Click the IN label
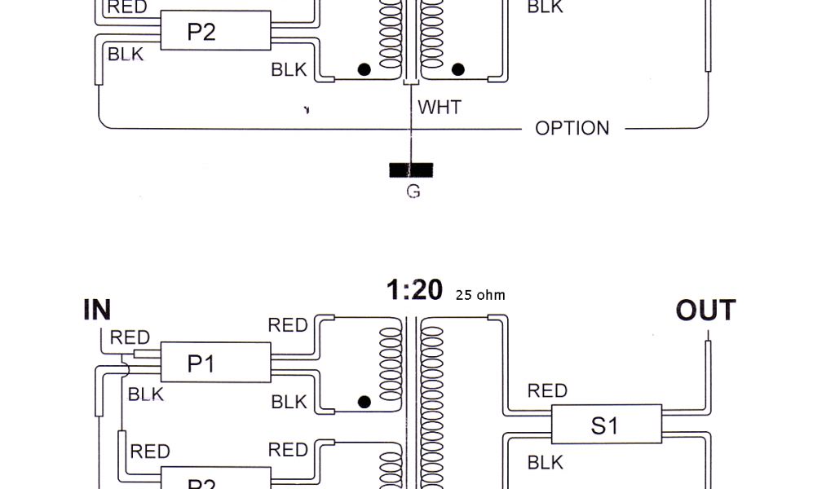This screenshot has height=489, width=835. tap(97, 311)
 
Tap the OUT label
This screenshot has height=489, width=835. tap(705, 311)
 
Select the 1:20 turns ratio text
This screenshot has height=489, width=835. tap(414, 289)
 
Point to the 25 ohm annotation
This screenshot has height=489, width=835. tap(480, 295)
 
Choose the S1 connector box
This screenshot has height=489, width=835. tap(606, 425)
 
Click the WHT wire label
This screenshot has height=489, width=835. tap(440, 107)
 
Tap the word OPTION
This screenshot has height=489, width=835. tap(572, 128)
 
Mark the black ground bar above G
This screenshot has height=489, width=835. tap(412, 170)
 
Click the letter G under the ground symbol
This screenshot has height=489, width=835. tap(413, 192)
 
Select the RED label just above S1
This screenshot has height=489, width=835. tap(547, 391)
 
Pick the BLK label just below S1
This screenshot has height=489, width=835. tap(546, 463)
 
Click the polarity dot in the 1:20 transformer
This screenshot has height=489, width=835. tap(364, 402)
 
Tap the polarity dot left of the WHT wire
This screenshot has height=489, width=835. tap(364, 70)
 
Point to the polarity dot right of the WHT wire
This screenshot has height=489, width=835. tap(458, 70)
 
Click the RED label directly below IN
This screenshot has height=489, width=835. tap(130, 337)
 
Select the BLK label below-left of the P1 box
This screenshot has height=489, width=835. tap(146, 394)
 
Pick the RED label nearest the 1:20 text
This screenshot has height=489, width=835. tap(288, 326)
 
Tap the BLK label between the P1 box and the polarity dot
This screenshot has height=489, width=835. tap(289, 402)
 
